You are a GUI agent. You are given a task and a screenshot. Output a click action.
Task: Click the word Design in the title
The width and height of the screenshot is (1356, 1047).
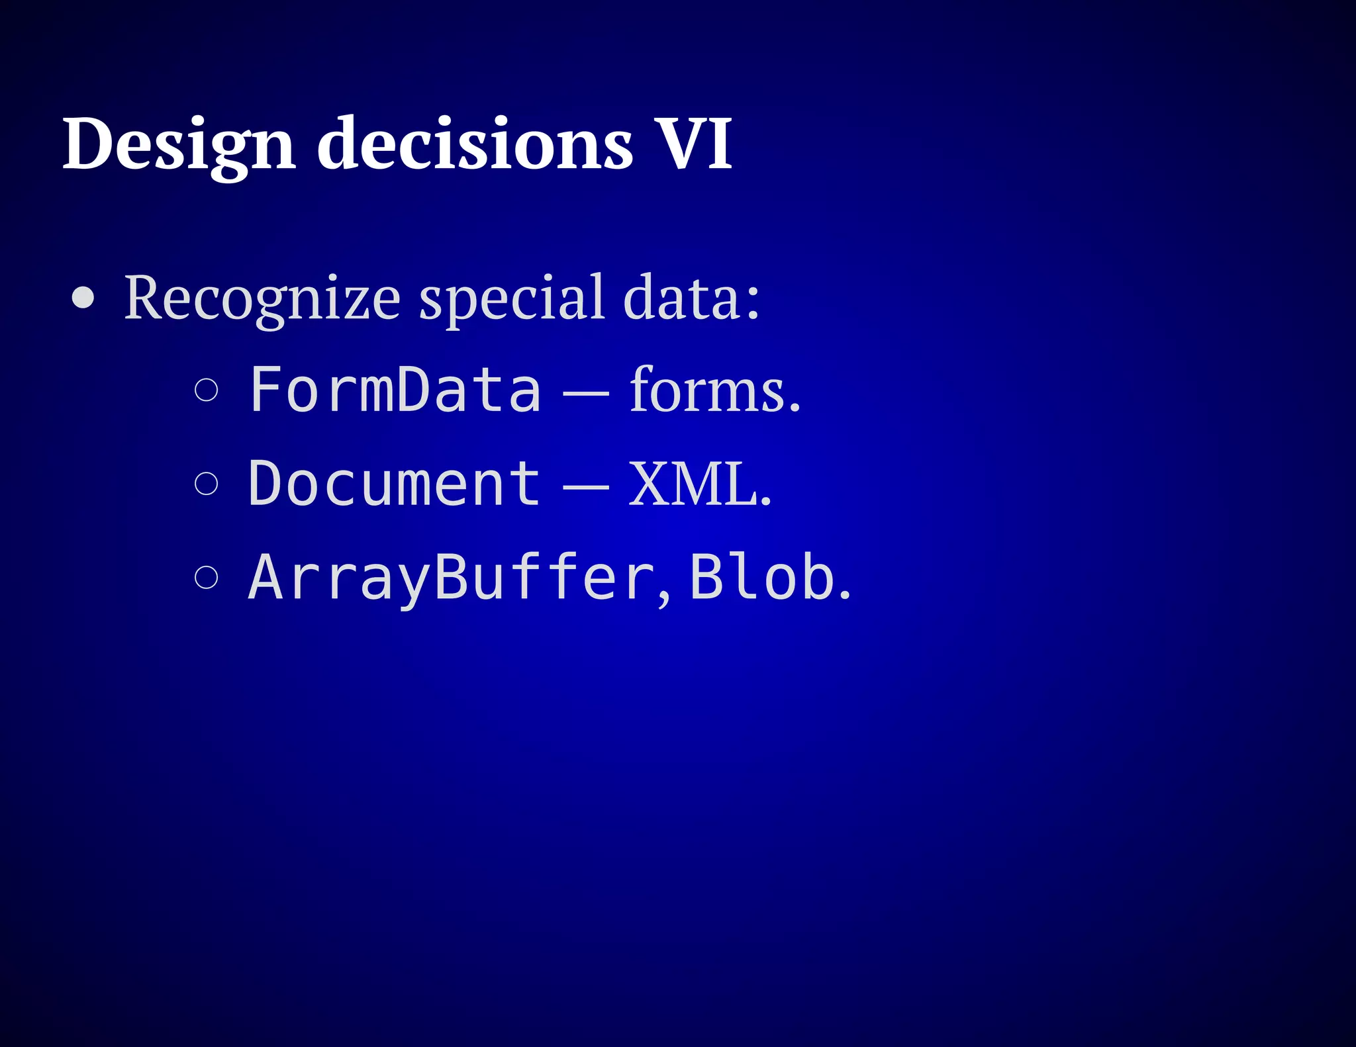178,144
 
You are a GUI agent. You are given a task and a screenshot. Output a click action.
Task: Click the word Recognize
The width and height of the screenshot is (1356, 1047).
262,298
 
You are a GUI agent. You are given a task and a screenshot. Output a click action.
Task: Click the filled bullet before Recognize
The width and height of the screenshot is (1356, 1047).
83,298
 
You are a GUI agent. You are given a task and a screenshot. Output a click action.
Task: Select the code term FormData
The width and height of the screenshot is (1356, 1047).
395,390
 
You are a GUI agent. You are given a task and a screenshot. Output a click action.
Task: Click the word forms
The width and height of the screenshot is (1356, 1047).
714,390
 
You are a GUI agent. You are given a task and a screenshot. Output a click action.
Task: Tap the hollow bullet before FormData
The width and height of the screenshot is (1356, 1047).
207,390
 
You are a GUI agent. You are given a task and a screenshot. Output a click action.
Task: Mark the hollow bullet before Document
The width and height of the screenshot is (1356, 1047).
207,484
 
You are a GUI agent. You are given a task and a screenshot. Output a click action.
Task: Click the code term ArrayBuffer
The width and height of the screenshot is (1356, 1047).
452,578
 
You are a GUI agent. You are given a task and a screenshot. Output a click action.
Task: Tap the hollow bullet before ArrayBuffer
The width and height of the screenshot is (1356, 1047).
207,577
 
